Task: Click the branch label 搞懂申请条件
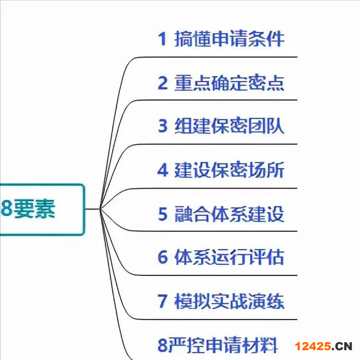[229, 39]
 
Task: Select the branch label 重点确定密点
[229, 83]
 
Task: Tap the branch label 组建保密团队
[229, 126]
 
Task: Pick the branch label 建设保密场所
[229, 170]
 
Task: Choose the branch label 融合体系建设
[229, 214]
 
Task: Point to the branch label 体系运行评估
[229, 257]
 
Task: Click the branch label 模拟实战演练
[229, 301]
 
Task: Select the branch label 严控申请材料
[222, 345]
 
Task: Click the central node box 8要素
[42, 210]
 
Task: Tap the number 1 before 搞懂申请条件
[163, 39]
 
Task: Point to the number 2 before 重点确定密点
[163, 83]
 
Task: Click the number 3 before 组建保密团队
[163, 126]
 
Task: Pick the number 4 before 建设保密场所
[163, 170]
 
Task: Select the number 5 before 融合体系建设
[163, 214]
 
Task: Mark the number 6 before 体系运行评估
[163, 257]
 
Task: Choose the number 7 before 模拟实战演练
[163, 301]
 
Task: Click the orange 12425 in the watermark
[313, 347]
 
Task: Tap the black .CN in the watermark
[342, 347]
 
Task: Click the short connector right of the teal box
[93, 209]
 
